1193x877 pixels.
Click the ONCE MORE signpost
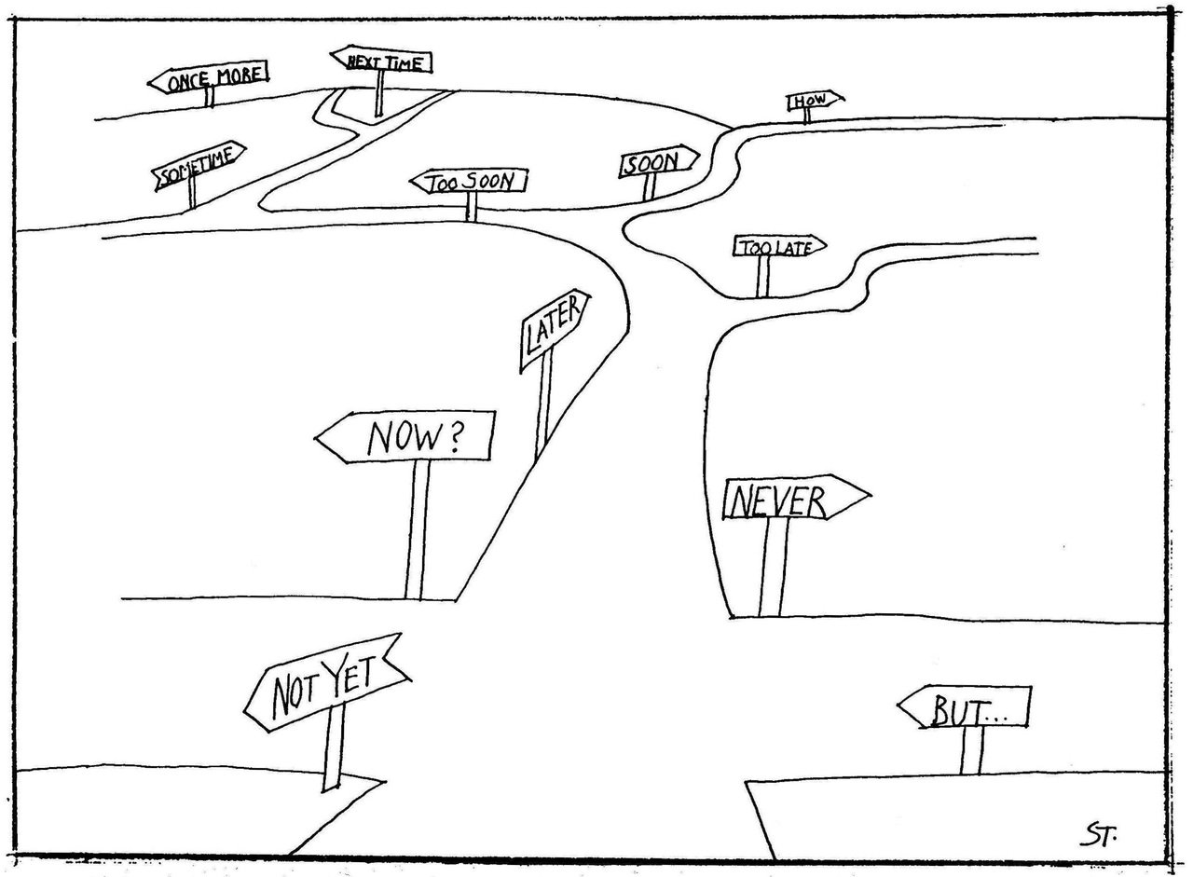coord(208,77)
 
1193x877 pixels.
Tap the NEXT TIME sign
coord(381,61)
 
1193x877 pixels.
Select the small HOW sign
coord(815,100)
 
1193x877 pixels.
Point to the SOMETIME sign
coord(199,165)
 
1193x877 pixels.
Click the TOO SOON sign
coord(469,182)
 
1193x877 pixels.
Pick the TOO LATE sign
coord(779,246)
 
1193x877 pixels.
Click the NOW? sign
coord(405,437)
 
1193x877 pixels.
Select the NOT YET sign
coord(326,683)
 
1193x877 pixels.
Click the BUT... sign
coord(965,707)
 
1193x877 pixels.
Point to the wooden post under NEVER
coord(774,568)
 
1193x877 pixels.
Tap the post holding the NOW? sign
coord(418,530)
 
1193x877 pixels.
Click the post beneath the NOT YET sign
coord(335,747)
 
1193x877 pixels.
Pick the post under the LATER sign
coord(544,404)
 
